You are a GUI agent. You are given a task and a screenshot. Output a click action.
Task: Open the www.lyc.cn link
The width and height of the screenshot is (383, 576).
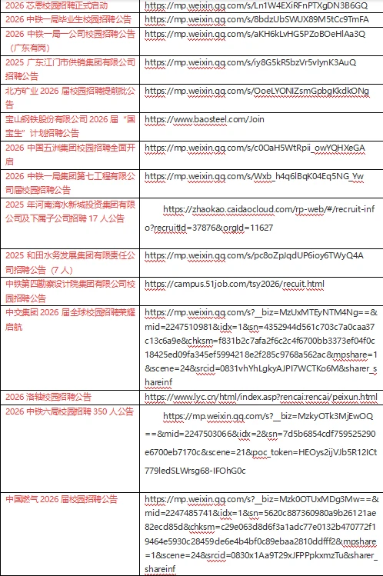click(x=261, y=397)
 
